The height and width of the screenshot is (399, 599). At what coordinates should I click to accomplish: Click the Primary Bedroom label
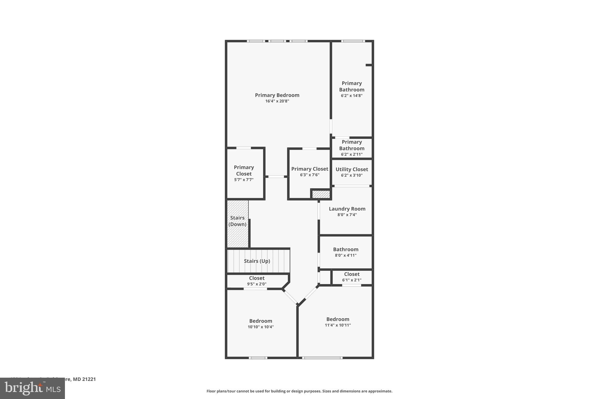coord(277,95)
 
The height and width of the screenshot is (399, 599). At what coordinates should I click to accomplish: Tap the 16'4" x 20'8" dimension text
coord(277,101)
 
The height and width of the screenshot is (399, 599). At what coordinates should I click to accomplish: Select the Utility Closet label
coord(352,169)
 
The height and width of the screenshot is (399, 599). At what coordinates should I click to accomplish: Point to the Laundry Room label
coord(347,209)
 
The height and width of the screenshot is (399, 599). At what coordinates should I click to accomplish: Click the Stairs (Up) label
coord(257,261)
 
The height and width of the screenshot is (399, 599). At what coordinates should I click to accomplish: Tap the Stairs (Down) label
coord(237,221)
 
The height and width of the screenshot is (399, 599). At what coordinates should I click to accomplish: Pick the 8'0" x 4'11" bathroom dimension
coord(345,255)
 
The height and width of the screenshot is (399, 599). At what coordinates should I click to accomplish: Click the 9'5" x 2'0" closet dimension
coord(257,284)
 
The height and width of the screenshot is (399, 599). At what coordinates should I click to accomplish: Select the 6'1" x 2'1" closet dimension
coord(352,280)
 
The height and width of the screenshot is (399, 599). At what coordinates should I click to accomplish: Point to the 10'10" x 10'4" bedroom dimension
coord(260,327)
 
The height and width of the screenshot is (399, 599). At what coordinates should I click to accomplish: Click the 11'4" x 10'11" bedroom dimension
coord(338,325)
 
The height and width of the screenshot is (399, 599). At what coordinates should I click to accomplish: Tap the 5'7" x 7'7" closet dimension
coord(244,180)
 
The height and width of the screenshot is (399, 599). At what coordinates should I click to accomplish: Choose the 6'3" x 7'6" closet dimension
coord(309,175)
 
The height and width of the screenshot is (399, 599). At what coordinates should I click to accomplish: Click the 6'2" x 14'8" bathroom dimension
coord(352,96)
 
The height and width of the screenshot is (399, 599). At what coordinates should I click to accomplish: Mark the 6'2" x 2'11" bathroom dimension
coord(352,154)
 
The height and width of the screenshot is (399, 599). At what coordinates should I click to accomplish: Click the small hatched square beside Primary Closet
coord(321,194)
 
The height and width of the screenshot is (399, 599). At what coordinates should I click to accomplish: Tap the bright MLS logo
coord(32,388)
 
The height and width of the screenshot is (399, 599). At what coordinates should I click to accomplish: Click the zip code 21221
coord(88,379)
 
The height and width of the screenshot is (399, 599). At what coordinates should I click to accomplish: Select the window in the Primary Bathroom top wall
coord(353,41)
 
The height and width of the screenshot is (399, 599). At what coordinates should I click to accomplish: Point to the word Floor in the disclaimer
coord(211,391)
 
